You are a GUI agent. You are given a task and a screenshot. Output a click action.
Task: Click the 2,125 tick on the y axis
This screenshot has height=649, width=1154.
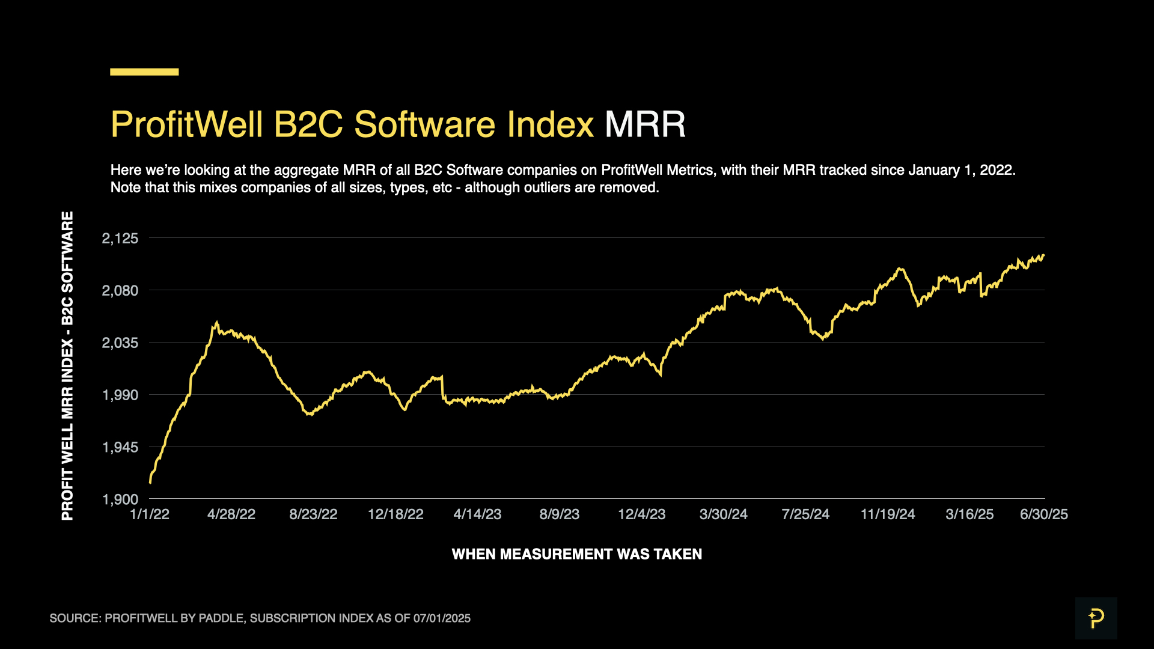point(120,239)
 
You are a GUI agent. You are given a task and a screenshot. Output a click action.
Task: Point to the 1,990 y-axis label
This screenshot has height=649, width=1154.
point(120,395)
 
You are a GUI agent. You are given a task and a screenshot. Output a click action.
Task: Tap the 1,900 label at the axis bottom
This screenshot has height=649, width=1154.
point(120,500)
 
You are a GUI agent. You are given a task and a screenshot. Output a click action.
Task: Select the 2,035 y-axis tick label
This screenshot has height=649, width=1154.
point(120,343)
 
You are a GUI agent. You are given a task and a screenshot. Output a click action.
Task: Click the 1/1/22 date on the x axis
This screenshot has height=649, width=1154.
point(150,514)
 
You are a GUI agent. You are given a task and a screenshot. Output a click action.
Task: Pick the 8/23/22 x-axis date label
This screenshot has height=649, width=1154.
point(313,514)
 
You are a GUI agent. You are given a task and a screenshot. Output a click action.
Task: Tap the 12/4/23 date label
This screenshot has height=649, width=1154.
point(641,514)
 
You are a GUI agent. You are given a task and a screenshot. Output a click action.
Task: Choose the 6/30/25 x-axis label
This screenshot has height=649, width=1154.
point(1043,514)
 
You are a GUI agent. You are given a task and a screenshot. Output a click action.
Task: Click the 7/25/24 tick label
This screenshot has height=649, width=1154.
point(805,514)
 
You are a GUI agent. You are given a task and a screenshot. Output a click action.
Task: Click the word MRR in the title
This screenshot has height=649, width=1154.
point(645,124)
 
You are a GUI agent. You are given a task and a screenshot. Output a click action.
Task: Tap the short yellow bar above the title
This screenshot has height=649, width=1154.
point(144,72)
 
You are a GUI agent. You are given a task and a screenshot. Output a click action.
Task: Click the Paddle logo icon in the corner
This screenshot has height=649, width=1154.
point(1096,618)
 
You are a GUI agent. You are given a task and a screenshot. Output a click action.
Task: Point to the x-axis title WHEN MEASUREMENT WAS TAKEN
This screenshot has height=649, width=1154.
point(576,554)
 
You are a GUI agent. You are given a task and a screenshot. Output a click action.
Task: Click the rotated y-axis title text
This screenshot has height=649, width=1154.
point(67,365)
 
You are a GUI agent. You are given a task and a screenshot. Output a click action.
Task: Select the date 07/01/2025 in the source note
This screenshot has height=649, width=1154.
point(442,618)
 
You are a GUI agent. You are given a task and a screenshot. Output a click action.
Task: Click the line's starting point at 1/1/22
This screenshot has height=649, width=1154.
point(150,482)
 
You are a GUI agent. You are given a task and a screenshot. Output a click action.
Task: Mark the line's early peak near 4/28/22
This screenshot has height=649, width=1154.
point(216,323)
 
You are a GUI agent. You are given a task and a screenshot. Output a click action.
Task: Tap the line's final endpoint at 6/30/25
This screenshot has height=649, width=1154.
point(1043,255)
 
